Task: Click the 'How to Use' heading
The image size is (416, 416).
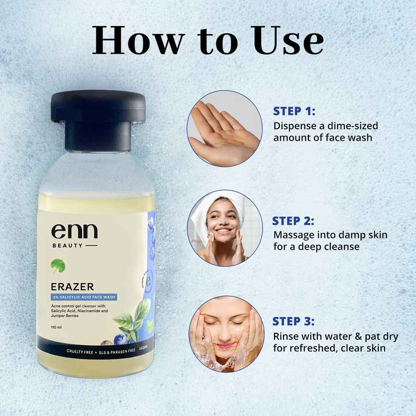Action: coord(208,41)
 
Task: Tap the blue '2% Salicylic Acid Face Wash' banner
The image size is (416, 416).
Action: coord(84,297)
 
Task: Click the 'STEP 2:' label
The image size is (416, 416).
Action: coord(294,220)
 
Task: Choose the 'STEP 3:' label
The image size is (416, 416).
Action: coord(294,321)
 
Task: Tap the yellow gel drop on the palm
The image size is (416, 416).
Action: coord(239,143)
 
